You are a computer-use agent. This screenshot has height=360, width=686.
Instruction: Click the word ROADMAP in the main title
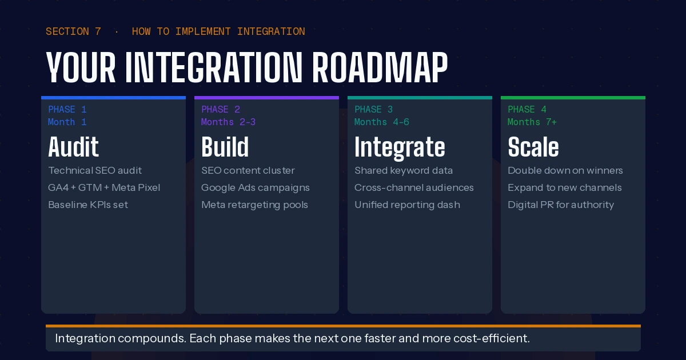pyautogui.click(x=380, y=67)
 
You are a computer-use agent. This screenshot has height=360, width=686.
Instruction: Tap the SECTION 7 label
pyautogui.click(x=73, y=31)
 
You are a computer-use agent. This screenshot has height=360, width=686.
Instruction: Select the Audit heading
pyautogui.click(x=74, y=147)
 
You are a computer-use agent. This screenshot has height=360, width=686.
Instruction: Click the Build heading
pyautogui.click(x=225, y=147)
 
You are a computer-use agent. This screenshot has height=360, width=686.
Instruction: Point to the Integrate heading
pyautogui.click(x=400, y=148)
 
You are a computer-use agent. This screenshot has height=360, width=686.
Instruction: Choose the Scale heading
pyautogui.click(x=533, y=147)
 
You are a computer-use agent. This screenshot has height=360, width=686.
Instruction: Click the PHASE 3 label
pyautogui.click(x=373, y=109)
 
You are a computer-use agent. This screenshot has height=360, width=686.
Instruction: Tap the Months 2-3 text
pyautogui.click(x=228, y=122)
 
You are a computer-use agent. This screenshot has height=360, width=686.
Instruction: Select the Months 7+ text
pyautogui.click(x=532, y=122)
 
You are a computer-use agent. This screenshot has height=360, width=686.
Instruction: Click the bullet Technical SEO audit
pyautogui.click(x=95, y=170)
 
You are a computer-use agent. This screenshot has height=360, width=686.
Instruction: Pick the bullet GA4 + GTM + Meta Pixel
pyautogui.click(x=104, y=187)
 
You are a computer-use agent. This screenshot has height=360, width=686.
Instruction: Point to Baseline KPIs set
pyautogui.click(x=88, y=205)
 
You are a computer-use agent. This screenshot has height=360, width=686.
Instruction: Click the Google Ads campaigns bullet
pyautogui.click(x=256, y=187)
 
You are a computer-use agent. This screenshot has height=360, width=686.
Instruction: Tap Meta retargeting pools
pyautogui.click(x=254, y=205)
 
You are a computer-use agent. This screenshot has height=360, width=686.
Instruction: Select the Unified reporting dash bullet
pyautogui.click(x=407, y=205)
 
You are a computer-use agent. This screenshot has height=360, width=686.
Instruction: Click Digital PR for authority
pyautogui.click(x=561, y=205)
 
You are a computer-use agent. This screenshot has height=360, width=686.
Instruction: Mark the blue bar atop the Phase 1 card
pyautogui.click(x=114, y=98)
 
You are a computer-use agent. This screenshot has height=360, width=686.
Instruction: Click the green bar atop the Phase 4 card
pyautogui.click(x=573, y=98)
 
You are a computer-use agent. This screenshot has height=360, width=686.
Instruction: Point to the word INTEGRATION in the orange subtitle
pyautogui.click(x=271, y=31)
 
